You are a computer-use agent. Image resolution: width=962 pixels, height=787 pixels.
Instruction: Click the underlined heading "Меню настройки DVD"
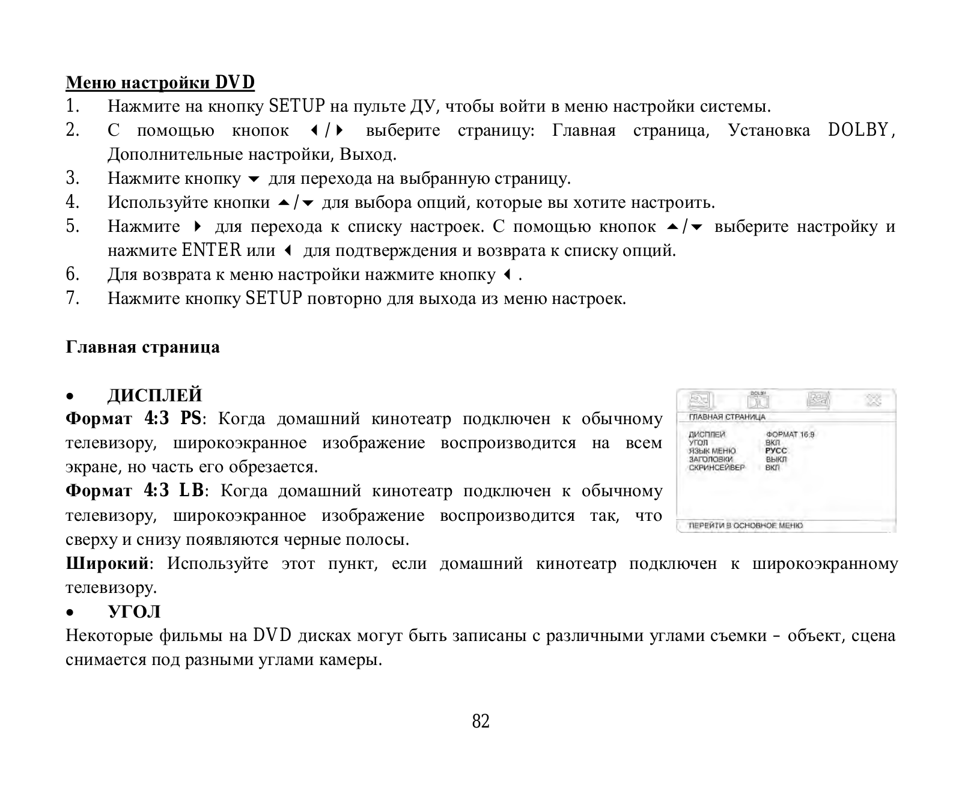point(160,82)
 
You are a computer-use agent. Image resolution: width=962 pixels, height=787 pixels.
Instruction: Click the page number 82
point(481,721)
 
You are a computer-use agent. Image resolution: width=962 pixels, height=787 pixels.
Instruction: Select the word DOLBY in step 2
point(858,130)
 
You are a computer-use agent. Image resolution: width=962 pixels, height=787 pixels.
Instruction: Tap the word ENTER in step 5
point(211,250)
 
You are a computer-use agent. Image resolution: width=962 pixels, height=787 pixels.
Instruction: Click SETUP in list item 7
point(273,298)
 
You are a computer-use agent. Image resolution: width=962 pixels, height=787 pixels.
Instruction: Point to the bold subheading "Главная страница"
point(142,347)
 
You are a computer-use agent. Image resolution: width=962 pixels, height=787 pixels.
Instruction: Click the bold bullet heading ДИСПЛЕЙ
point(154,395)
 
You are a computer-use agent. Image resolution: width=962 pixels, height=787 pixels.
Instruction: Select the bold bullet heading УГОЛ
point(134,612)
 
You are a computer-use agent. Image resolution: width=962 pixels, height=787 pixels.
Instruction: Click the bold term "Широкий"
point(106,564)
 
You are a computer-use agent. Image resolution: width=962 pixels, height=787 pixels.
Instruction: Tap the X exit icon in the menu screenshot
point(873,400)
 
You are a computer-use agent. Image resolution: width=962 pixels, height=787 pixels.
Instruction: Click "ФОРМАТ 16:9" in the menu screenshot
point(790,434)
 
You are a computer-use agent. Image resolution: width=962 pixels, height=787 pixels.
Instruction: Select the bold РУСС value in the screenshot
point(776,451)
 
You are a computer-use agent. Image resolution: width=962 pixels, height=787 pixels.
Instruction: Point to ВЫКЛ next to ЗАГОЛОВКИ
point(776,459)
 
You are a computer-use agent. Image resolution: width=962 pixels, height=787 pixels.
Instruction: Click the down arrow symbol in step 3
point(254,179)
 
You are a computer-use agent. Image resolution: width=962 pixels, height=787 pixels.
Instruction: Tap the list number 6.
point(72,275)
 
